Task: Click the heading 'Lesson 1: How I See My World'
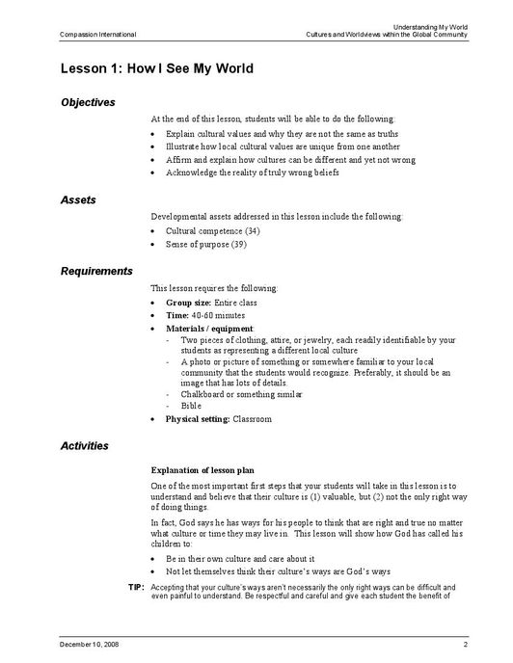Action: click(x=156, y=68)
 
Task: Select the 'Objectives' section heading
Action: click(x=88, y=102)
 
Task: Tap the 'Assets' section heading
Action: click(x=78, y=199)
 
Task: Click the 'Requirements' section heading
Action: click(x=96, y=271)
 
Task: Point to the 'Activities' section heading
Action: click(x=85, y=446)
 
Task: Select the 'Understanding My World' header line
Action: click(x=431, y=26)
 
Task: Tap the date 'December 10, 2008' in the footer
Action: click(x=91, y=643)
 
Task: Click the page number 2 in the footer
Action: click(x=465, y=643)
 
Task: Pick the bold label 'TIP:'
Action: click(x=136, y=587)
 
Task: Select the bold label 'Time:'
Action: click(x=176, y=315)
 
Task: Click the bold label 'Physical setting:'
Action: click(x=198, y=419)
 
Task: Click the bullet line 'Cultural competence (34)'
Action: click(x=212, y=231)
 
